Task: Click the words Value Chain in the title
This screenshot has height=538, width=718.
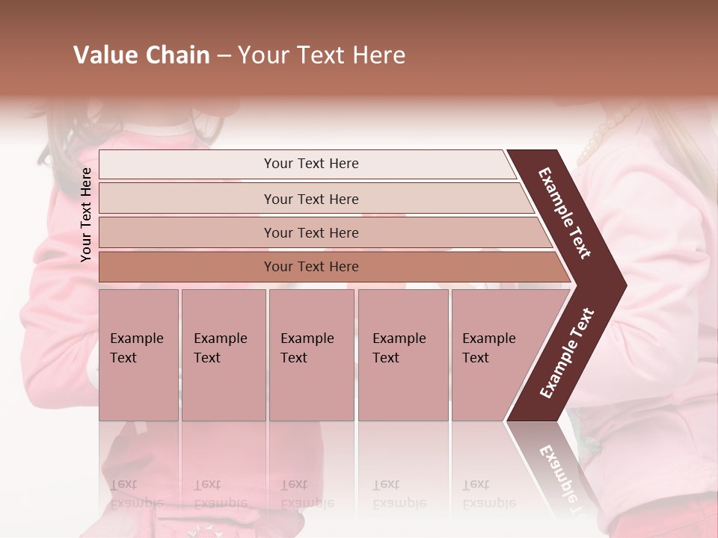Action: click(141, 55)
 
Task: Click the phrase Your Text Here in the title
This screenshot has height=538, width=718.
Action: click(322, 55)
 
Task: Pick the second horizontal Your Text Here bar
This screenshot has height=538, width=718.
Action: click(311, 199)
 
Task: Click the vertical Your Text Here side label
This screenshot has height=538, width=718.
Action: click(87, 214)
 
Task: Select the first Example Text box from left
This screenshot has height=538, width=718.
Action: click(138, 355)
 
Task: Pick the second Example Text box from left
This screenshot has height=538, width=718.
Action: click(223, 355)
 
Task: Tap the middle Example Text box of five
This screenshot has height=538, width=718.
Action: click(311, 355)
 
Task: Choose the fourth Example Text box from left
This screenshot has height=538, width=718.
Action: click(403, 355)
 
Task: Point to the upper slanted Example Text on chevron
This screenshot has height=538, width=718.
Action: click(565, 213)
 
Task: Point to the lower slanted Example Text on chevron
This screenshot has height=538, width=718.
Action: click(567, 353)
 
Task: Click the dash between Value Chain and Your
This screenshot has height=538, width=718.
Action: click(224, 55)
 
